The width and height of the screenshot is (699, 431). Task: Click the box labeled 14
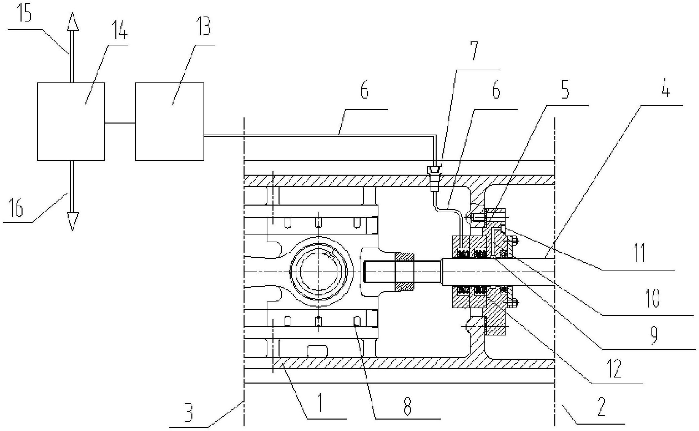point(71,121)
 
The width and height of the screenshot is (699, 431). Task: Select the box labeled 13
point(170,121)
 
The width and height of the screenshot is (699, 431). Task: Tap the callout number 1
point(320,403)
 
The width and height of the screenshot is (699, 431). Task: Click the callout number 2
point(601,406)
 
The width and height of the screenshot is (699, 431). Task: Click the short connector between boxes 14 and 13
point(120,123)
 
